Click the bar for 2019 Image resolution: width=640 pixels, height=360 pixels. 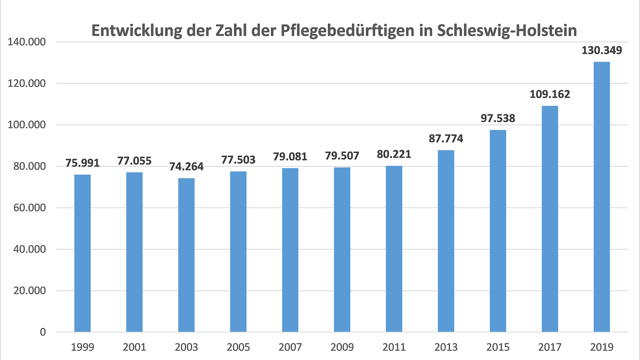click(x=602, y=197)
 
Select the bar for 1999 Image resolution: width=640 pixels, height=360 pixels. click(x=83, y=253)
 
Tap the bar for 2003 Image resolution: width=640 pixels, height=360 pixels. click(x=186, y=255)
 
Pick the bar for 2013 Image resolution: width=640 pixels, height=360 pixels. click(x=446, y=241)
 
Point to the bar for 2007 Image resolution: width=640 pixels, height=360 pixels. click(x=290, y=250)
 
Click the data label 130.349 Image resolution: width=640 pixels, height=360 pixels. click(x=602, y=50)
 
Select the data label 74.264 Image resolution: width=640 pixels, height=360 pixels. click(x=186, y=167)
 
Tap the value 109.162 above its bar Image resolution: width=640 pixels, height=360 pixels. click(x=550, y=94)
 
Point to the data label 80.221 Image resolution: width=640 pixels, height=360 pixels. click(x=394, y=154)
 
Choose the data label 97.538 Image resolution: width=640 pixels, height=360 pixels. click(x=498, y=118)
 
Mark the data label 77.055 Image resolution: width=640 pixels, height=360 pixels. click(x=134, y=161)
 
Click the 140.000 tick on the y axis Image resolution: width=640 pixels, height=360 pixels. click(x=27, y=42)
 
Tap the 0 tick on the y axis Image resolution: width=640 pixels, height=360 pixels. click(x=43, y=332)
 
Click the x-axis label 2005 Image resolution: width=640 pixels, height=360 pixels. click(x=238, y=347)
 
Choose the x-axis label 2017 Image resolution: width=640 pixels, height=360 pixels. click(x=550, y=347)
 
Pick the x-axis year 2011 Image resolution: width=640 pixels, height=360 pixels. click(x=394, y=347)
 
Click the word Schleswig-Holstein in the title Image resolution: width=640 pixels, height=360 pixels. click(x=507, y=31)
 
